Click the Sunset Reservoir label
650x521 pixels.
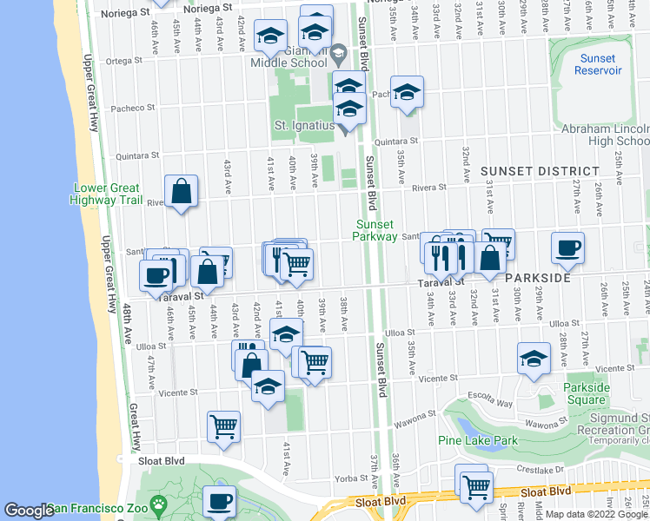click(598, 64)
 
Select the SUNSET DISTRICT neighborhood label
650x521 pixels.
click(541, 171)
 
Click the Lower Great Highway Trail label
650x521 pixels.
click(107, 193)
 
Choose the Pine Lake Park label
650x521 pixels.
click(477, 440)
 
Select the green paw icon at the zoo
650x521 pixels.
click(158, 504)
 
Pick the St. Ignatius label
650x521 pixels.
click(304, 126)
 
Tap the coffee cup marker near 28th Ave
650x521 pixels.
click(567, 248)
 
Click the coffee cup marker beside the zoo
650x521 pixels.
click(219, 501)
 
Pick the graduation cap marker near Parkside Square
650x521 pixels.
click(534, 358)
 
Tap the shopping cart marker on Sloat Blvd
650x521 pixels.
click(475, 485)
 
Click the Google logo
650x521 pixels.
click(29, 511)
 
